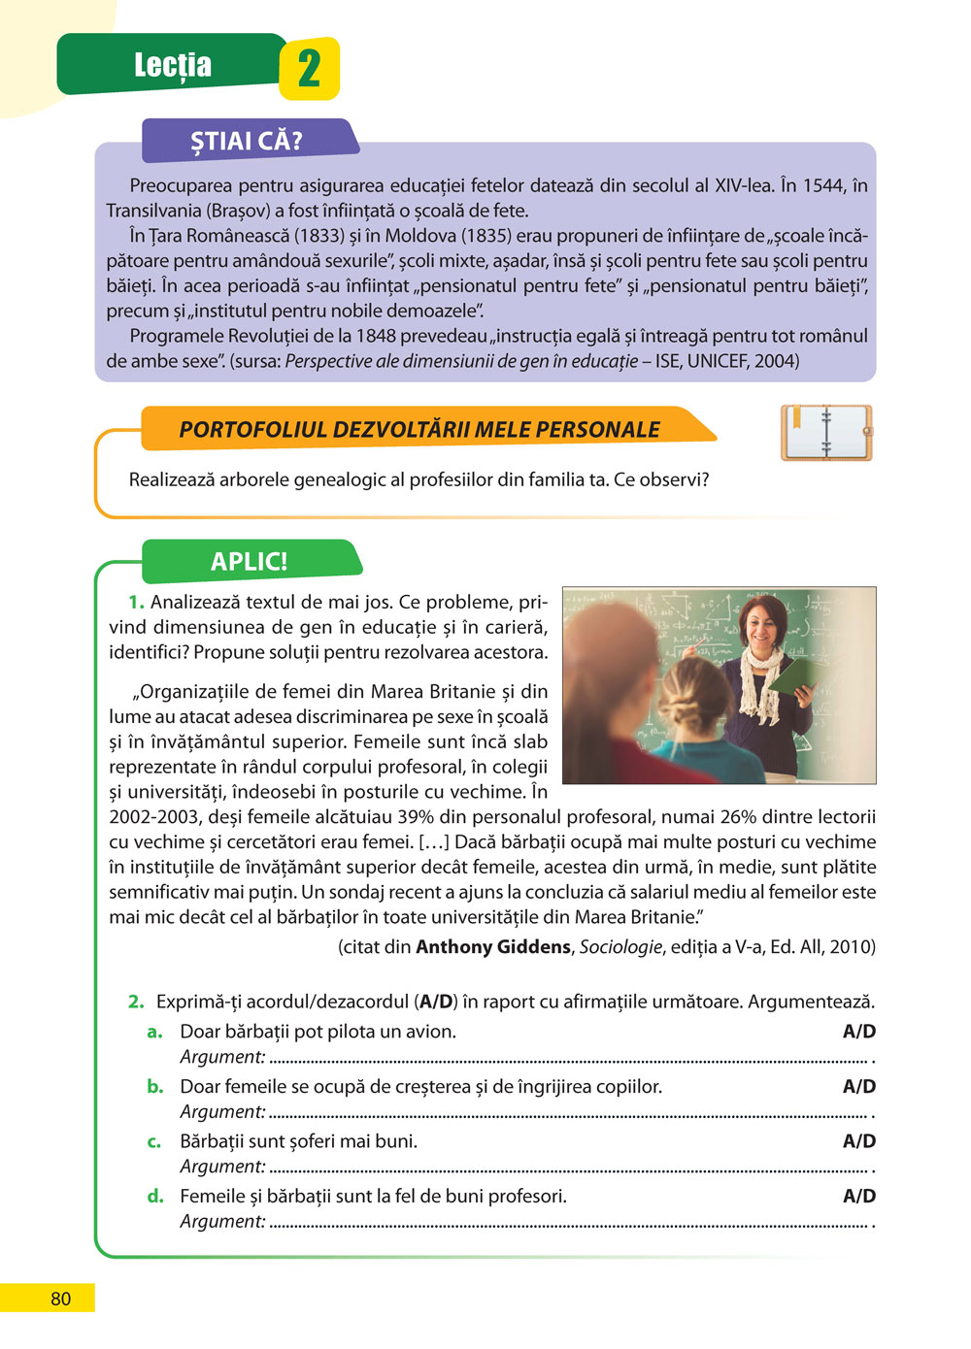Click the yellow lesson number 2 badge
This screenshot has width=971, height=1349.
click(x=309, y=69)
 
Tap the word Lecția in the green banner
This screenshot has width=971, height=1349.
click(x=173, y=65)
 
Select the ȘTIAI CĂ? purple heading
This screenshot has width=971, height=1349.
click(x=247, y=141)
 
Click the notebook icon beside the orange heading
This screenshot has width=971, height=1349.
click(x=826, y=433)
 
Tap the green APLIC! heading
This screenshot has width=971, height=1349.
click(x=250, y=562)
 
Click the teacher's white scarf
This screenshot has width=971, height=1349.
click(x=761, y=679)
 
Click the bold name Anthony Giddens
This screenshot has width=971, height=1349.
click(x=492, y=947)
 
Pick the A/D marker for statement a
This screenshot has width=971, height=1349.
click(x=858, y=1032)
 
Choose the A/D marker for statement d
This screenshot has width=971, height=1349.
click(x=858, y=1197)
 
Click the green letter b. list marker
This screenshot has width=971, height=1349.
click(x=155, y=1087)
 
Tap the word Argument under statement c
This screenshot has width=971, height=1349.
click(x=221, y=1167)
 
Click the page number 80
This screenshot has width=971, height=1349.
click(x=60, y=1299)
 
